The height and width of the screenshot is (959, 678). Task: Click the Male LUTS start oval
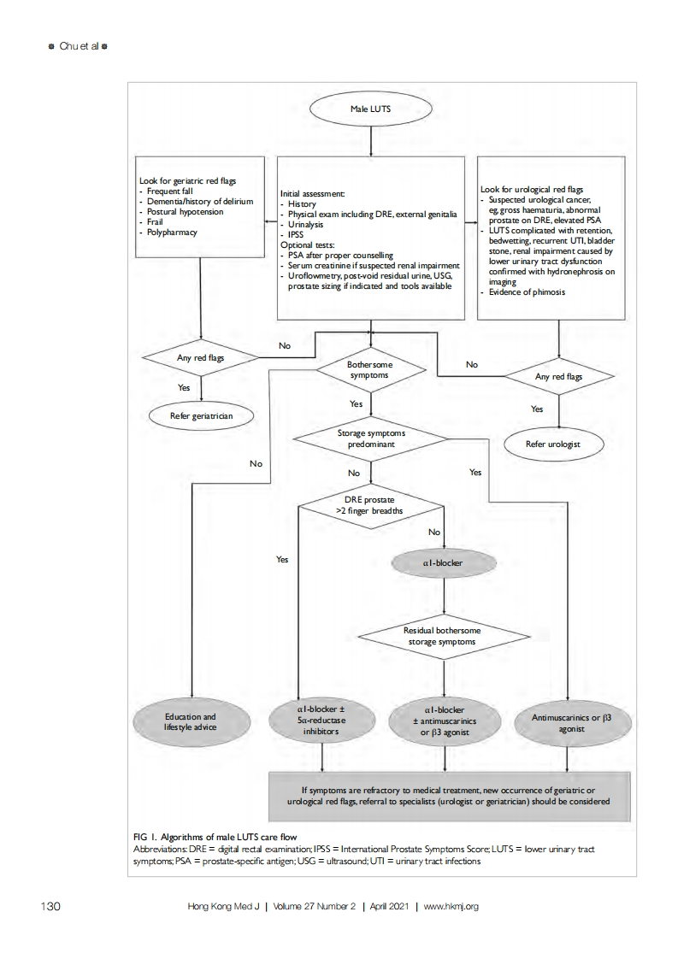[371, 109]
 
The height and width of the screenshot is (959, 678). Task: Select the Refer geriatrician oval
[201, 416]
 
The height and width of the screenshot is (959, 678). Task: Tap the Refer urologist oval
[553, 444]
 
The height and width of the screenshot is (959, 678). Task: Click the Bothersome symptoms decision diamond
[370, 370]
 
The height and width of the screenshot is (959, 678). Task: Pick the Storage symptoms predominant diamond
[371, 438]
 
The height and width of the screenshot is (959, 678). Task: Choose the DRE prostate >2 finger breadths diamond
[370, 505]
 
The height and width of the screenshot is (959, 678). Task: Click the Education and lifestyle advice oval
[191, 721]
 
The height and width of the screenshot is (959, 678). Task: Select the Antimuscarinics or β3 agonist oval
[571, 723]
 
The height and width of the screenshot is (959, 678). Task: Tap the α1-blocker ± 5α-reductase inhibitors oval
[321, 720]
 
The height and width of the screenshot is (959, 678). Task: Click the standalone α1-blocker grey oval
[444, 563]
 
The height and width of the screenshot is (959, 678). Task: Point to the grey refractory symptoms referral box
[449, 796]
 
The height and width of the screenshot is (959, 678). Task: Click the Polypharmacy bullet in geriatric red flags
[168, 232]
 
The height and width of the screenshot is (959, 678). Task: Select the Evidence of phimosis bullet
[523, 292]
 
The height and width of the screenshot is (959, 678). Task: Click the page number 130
[50, 906]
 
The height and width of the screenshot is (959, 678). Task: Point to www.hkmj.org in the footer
[451, 906]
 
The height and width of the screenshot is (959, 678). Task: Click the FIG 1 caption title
[215, 837]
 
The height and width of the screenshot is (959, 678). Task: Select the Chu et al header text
[79, 46]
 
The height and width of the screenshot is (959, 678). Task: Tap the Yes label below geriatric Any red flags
[184, 388]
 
